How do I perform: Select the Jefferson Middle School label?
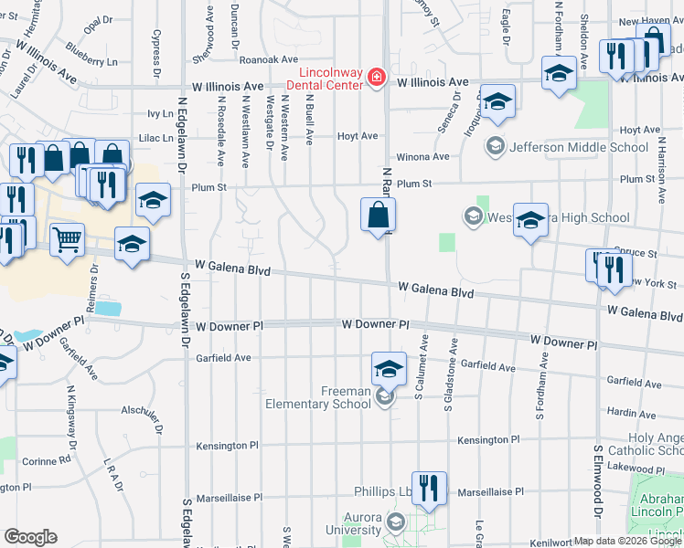pos(579,146)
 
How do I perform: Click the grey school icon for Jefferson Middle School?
pos(495,146)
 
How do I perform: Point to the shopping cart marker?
pos(67,240)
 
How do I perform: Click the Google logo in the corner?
pos(30,537)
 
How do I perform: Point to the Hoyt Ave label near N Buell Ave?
pos(358,136)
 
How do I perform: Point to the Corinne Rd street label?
pos(47,461)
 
